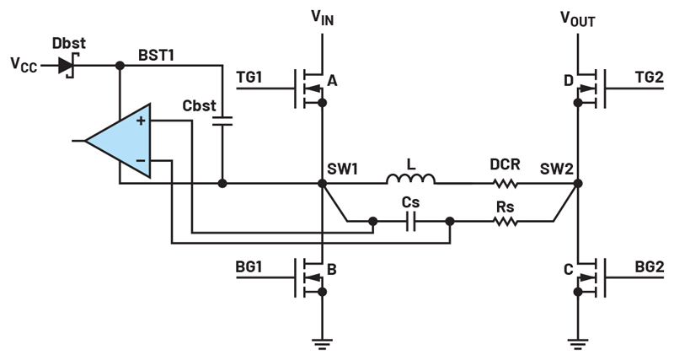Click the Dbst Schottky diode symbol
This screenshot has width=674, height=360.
click(x=66, y=66)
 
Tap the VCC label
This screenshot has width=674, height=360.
click(x=24, y=65)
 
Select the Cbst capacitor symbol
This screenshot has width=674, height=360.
click(x=222, y=121)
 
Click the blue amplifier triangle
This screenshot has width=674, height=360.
click(x=118, y=141)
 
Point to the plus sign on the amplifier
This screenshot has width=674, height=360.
click(x=141, y=121)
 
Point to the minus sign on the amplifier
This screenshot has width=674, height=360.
click(x=141, y=160)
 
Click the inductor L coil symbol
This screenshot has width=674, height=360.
click(x=410, y=179)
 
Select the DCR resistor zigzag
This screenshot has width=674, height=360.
click(x=505, y=184)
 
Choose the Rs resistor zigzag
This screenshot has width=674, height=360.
click(x=505, y=222)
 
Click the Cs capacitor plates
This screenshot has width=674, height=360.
click(x=411, y=222)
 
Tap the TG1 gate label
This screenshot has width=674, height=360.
click(x=249, y=77)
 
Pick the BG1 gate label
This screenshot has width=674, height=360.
click(x=249, y=266)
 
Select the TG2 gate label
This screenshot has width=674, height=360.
click(x=650, y=77)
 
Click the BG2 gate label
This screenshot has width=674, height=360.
click(x=650, y=266)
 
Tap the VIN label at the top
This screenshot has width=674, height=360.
click(x=323, y=18)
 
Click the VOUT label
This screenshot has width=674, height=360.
click(x=578, y=19)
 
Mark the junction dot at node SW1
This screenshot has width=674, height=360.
click(x=322, y=184)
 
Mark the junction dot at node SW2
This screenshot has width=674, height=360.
click(x=578, y=184)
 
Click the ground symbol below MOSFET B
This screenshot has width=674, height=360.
click(x=322, y=344)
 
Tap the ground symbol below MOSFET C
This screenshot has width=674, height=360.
click(x=578, y=344)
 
